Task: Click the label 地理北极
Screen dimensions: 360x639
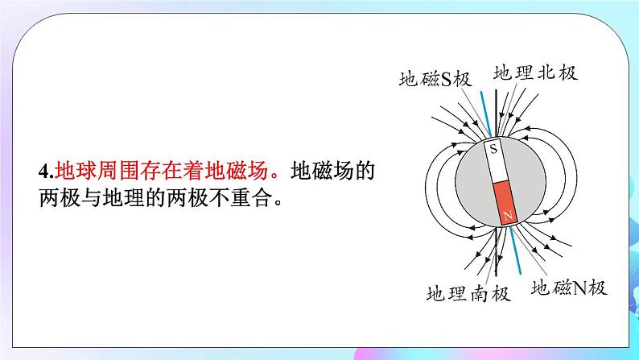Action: (x=535, y=72)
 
